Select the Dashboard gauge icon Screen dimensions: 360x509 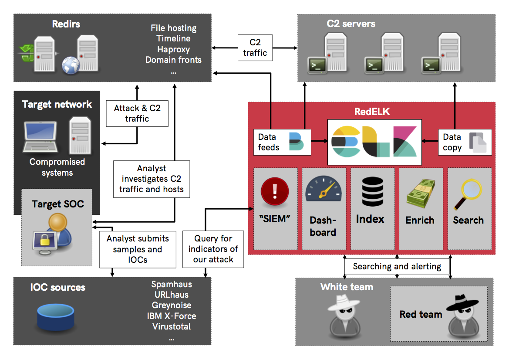[324, 190]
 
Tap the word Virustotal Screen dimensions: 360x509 [172, 326]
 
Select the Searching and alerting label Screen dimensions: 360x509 [397, 266]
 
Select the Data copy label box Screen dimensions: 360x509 [464, 142]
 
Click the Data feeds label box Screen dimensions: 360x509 [282, 142]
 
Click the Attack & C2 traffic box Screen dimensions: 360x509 [137, 113]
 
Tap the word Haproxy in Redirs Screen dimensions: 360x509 [173, 49]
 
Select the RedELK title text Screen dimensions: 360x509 [372, 112]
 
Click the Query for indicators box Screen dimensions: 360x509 [213, 249]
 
